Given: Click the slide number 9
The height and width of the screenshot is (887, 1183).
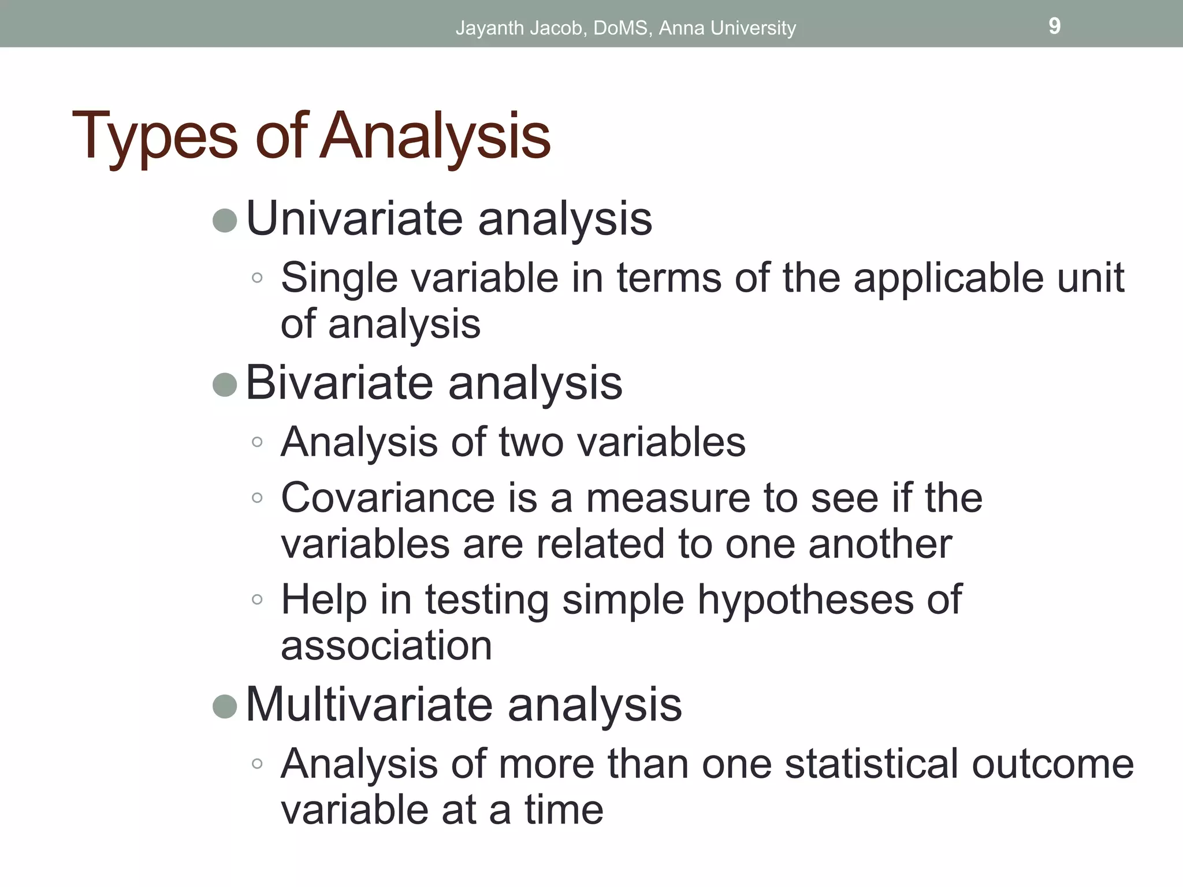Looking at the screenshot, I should point(1054,26).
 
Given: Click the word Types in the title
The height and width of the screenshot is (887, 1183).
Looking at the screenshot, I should point(154,136).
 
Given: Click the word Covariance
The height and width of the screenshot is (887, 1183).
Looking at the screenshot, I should point(388,498).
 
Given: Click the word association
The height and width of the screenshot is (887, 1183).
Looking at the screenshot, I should point(386,646).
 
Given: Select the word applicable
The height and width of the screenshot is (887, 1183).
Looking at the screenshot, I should point(948,278).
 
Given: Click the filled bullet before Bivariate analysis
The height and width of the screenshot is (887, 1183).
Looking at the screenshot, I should point(225,385).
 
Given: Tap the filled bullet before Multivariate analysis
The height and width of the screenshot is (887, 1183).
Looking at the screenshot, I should point(225,706).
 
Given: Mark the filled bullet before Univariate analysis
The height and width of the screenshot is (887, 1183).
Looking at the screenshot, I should point(225,221).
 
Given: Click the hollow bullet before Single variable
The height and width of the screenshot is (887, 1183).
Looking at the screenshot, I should point(258,278).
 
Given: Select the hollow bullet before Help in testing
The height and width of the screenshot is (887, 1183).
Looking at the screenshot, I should point(258,599).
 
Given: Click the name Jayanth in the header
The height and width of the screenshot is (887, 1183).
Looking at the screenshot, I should point(489,28).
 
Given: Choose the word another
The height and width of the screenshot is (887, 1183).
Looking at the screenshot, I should point(879,544).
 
